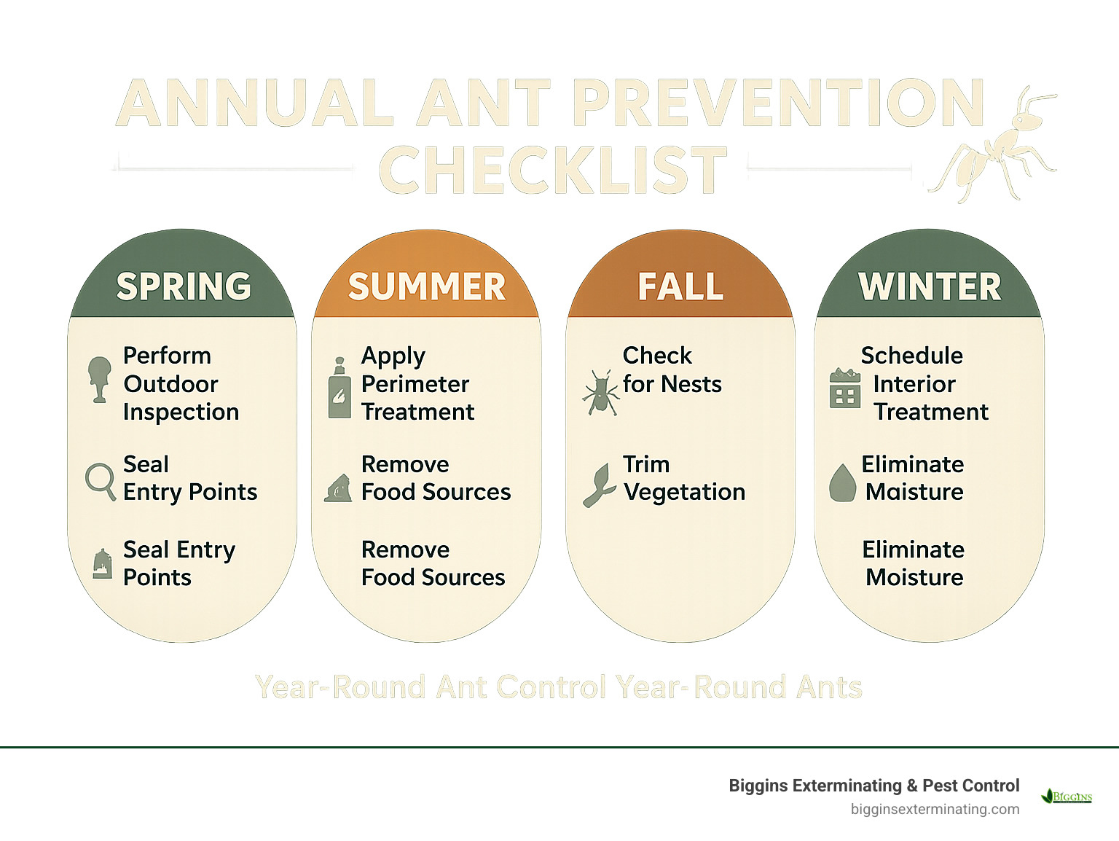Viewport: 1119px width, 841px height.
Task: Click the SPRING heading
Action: (184, 286)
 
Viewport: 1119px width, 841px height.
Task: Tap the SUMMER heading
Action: (426, 286)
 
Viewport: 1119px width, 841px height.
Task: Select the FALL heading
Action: (680, 286)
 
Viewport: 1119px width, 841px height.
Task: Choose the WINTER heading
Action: (930, 286)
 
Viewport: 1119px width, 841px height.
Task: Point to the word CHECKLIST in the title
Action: (553, 171)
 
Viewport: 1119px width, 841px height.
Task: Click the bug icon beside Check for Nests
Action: (600, 392)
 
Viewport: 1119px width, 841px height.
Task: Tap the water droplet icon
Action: (842, 483)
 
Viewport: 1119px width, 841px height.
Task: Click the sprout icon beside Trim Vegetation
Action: (599, 485)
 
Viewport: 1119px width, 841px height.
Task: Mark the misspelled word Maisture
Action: (914, 492)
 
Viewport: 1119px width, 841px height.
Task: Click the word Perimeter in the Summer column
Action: (415, 384)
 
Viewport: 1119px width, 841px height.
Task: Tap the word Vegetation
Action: (684, 493)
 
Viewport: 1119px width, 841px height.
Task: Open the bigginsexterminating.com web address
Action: (935, 809)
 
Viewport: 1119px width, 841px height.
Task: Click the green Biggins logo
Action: (1067, 796)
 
